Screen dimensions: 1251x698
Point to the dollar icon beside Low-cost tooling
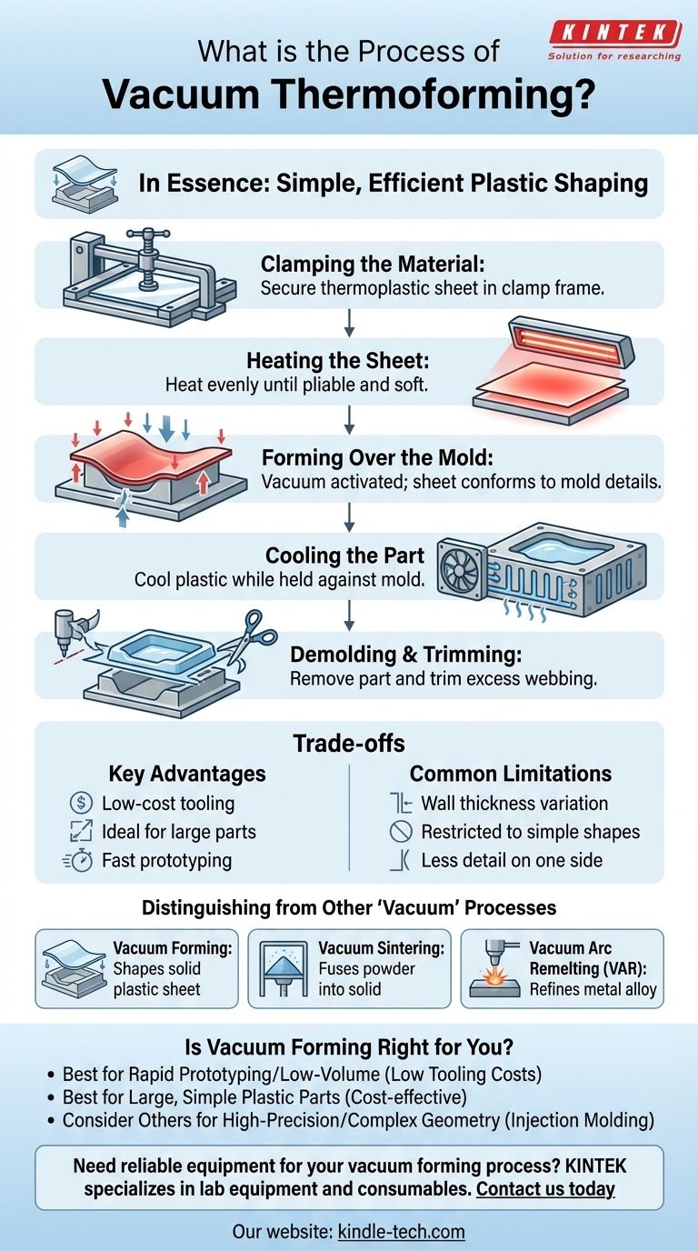tap(81, 803)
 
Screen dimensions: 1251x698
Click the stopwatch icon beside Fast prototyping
tap(81, 860)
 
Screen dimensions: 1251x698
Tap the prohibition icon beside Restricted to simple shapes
tap(400, 832)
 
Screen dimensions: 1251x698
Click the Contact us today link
tap(545, 1188)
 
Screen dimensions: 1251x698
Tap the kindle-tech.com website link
tap(403, 1232)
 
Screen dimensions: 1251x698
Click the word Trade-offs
tap(349, 743)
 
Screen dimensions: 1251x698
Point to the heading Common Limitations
tap(510, 774)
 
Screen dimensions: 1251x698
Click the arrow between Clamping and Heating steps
tap(349, 324)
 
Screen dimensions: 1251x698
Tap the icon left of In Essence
tap(83, 184)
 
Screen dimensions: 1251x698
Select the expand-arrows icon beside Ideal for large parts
tap(81, 832)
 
